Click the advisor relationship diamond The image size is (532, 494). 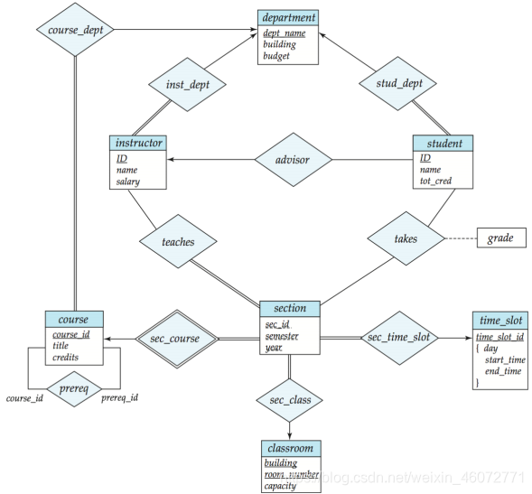coord(294,160)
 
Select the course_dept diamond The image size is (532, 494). coord(75,30)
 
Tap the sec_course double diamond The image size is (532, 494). coord(177,339)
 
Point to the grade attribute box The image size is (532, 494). coord(501,238)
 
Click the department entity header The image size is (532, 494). coord(288,18)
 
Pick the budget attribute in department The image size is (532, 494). coord(276,56)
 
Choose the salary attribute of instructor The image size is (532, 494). coord(128,182)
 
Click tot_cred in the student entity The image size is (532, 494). coord(435,181)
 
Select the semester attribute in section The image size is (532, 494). coord(282,336)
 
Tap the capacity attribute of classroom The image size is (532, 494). coord(280,486)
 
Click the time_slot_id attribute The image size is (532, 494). coord(499,337)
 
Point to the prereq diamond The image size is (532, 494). coord(74,389)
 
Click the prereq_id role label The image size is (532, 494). coord(120,397)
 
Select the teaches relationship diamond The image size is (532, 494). coord(178,241)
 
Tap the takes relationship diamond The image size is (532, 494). coord(406,238)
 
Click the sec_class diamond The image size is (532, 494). coord(289,400)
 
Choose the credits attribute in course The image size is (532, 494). coord(65,358)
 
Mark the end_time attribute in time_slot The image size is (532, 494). coord(503,371)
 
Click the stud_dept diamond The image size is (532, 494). coord(398,83)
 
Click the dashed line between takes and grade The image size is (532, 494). coord(461,238)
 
